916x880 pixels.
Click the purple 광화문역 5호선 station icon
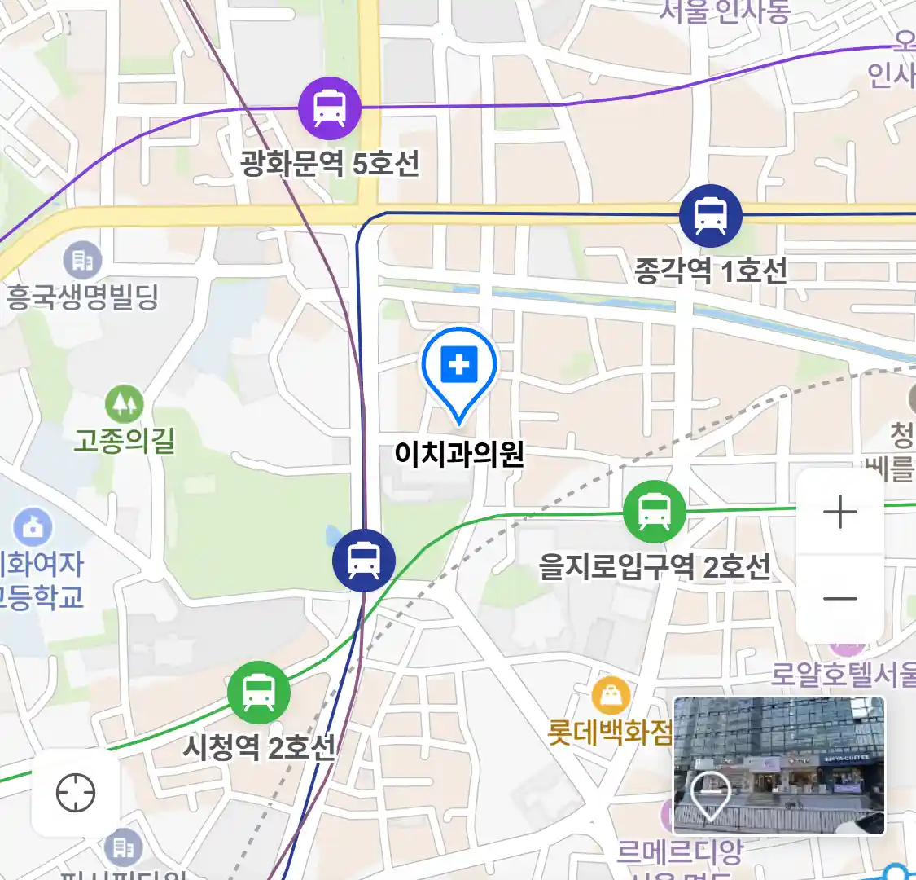329,108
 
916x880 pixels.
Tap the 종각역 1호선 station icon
711,216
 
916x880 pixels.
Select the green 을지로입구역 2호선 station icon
654,512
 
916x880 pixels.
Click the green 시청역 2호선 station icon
258,693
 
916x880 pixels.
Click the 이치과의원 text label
459,454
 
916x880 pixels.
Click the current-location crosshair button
76,792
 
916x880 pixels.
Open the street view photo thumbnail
779,765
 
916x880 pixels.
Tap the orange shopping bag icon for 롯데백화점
610,696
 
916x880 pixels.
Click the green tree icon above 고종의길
124,404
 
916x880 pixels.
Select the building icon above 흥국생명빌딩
82,261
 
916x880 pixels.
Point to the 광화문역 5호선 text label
330,163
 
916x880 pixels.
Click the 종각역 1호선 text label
711,271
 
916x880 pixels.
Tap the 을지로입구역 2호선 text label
655,566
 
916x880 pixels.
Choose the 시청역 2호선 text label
259,747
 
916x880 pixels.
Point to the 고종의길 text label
125,441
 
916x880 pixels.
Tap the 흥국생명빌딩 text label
81,297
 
